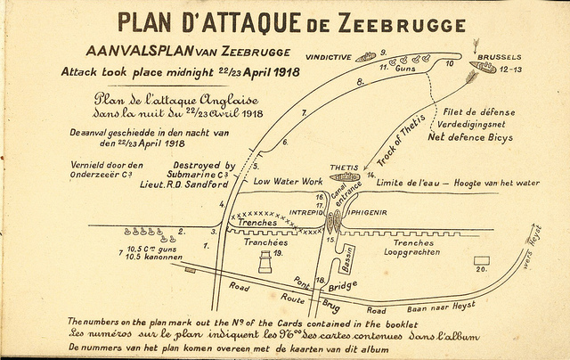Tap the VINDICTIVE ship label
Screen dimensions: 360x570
click(x=329, y=57)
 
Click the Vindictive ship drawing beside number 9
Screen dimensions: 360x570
click(x=365, y=57)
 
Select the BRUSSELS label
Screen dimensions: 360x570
click(x=499, y=57)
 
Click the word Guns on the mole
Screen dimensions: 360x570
click(x=405, y=69)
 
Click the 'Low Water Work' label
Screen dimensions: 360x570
click(x=288, y=181)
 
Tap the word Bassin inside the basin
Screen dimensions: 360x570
click(x=350, y=259)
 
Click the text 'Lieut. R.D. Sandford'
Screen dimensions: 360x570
click(x=193, y=184)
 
